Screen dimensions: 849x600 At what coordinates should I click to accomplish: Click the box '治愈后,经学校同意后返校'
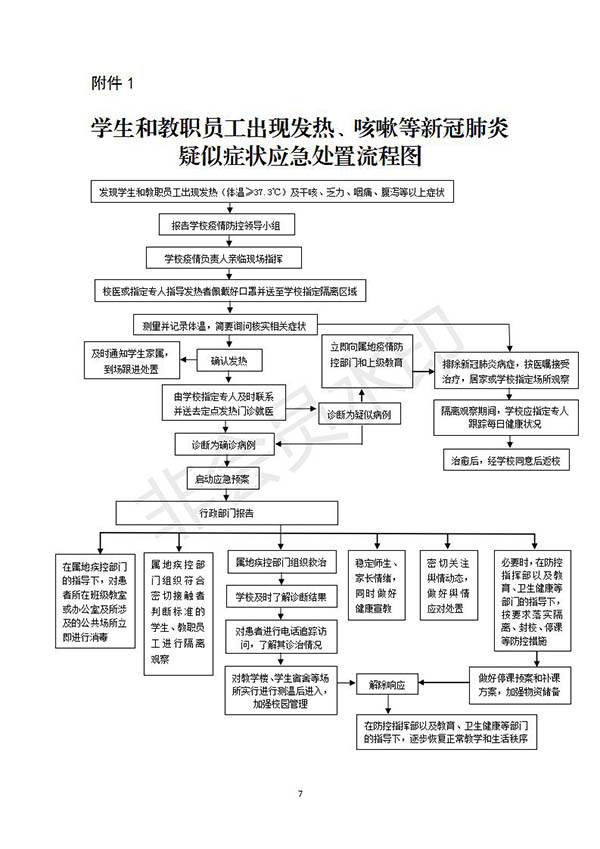[x=505, y=461]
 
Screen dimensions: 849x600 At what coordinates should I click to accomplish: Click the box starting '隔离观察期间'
[x=505, y=417]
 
